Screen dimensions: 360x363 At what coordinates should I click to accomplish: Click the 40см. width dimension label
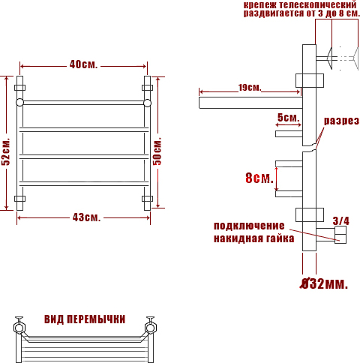pyautogui.click(x=83, y=64)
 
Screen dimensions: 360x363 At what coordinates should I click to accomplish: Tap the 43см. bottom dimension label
pyautogui.click(x=86, y=217)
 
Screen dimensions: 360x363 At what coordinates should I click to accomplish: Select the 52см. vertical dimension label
pyautogui.click(x=6, y=151)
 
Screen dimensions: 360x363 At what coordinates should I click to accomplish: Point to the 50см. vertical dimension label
pyautogui.click(x=157, y=151)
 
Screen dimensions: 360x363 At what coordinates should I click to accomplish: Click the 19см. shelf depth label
pyautogui.click(x=250, y=88)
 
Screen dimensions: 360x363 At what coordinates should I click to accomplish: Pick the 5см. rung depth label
pyautogui.click(x=288, y=117)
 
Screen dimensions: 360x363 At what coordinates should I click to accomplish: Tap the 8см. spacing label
pyautogui.click(x=259, y=178)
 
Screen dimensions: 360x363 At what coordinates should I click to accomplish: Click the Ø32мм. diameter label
pyautogui.click(x=324, y=283)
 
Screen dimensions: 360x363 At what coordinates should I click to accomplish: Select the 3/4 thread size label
pyautogui.click(x=341, y=220)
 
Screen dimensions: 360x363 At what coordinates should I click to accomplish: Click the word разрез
pyautogui.click(x=341, y=121)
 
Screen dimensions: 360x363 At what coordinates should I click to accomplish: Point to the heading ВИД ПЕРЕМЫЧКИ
pyautogui.click(x=85, y=319)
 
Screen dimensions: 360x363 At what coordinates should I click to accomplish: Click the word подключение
pyautogui.click(x=249, y=226)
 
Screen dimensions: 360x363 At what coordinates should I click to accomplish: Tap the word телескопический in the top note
pyautogui.click(x=318, y=4)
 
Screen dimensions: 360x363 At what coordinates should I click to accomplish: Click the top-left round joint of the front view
pyautogui.click(x=19, y=103)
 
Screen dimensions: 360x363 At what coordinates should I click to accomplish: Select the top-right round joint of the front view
pyautogui.click(x=147, y=103)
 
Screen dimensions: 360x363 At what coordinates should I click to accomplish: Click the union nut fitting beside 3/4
pyautogui.click(x=340, y=235)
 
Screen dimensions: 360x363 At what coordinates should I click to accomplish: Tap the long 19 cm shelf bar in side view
pyautogui.click(x=250, y=103)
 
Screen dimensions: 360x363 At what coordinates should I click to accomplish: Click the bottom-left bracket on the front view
pyautogui.click(x=19, y=199)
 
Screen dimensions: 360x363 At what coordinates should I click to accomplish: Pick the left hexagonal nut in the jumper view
pyautogui.click(x=19, y=328)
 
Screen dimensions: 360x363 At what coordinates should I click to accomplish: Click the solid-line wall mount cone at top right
pyautogui.click(x=329, y=58)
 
